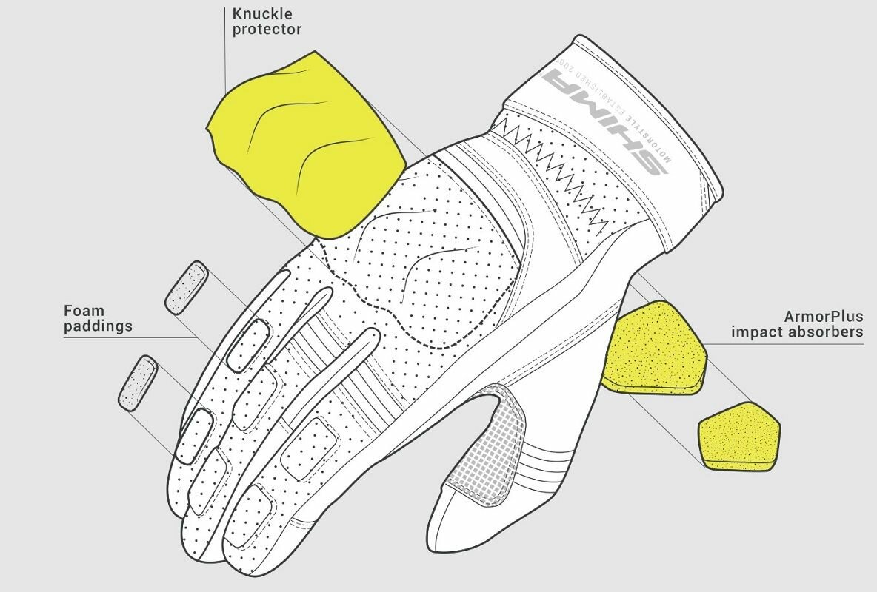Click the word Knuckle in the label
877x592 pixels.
[x=252, y=13]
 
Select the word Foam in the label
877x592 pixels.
[x=84, y=310]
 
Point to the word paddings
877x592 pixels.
[x=98, y=326]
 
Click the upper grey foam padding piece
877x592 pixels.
[x=187, y=287]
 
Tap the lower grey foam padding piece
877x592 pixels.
[x=139, y=382]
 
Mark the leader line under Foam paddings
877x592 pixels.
[x=126, y=338]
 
